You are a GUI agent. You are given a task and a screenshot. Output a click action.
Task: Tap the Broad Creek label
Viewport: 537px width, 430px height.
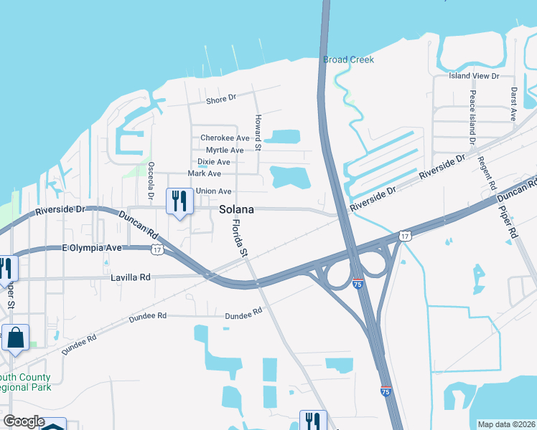[x=348, y=59]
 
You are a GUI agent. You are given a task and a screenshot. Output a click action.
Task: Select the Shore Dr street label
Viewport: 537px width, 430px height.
[x=220, y=100]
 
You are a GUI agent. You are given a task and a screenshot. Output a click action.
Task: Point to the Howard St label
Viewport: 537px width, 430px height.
[x=258, y=131]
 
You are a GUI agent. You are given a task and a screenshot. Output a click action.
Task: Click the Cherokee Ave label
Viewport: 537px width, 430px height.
[x=225, y=138]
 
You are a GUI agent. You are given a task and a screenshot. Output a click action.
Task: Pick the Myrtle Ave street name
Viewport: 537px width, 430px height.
[x=225, y=150]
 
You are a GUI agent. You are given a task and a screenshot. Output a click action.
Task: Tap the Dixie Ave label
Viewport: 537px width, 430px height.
[x=213, y=162]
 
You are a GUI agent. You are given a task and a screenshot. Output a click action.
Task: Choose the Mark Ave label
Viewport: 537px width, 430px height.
[x=204, y=173]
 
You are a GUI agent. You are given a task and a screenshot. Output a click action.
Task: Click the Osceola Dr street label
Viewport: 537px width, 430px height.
[x=151, y=180]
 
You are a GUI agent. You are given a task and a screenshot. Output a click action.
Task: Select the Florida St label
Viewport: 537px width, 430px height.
[x=239, y=239]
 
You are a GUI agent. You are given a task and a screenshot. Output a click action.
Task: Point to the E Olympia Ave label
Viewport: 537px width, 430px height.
[x=92, y=248]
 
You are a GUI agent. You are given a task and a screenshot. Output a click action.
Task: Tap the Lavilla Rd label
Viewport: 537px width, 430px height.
[x=130, y=277]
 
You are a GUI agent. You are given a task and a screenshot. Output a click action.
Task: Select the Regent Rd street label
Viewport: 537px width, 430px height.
[x=492, y=172]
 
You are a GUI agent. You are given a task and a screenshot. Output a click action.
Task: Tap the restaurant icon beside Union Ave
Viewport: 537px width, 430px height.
[x=177, y=201]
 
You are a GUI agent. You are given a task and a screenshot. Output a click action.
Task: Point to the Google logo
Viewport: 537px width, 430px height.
[x=24, y=421]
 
